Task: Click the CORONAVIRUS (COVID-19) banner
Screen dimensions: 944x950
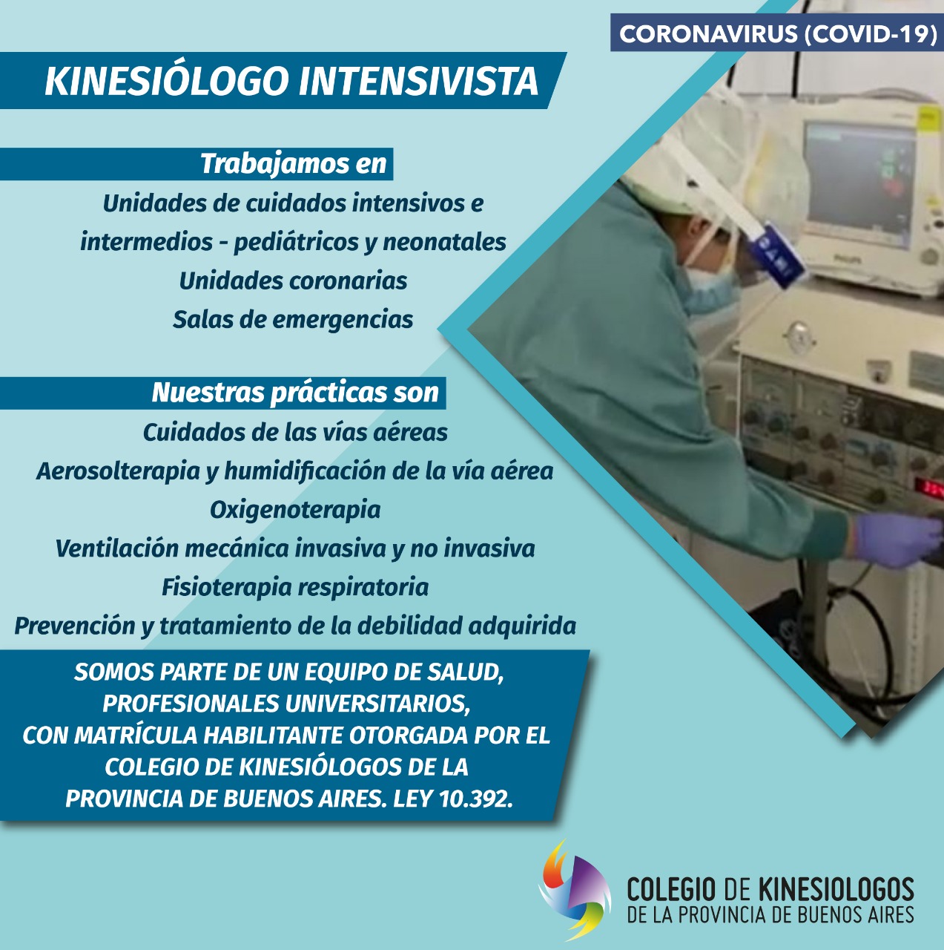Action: point(777,33)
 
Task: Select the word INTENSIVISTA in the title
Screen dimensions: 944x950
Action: point(418,81)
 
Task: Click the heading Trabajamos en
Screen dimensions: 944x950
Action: point(294,164)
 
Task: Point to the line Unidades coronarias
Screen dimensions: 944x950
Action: point(293,281)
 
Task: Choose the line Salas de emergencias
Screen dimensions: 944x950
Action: point(293,319)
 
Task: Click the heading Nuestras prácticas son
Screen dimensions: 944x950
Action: point(295,393)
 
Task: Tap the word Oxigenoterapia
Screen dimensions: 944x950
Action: point(295,510)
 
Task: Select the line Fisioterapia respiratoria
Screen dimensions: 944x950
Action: point(295,587)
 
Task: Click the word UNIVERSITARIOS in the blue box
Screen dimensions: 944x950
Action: point(377,704)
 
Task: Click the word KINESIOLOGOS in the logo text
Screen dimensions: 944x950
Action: point(836,890)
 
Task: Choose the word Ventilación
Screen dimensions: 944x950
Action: point(116,548)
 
